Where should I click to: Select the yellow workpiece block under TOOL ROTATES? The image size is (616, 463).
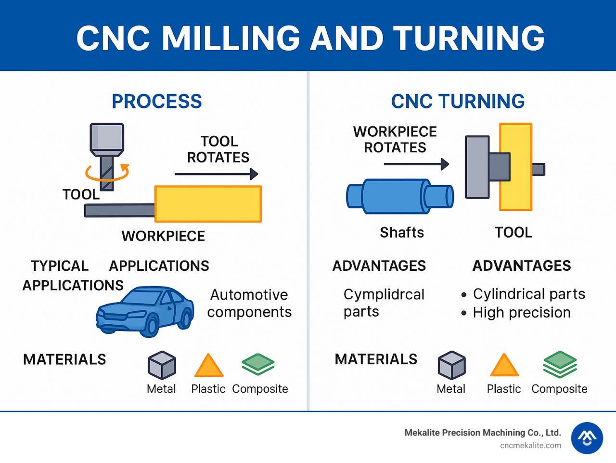tap(208, 204)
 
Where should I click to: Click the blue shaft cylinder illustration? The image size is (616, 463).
tap(399, 194)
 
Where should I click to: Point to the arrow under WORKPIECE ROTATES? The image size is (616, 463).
tap(416, 164)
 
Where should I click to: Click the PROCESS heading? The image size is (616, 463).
tap(157, 101)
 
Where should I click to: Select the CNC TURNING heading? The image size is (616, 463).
tap(458, 101)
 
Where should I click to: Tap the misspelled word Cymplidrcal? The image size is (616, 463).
tap(384, 294)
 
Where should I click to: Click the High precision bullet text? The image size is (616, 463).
tap(522, 313)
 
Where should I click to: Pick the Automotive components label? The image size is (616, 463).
tap(249, 304)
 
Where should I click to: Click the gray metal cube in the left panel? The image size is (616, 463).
tap(162, 365)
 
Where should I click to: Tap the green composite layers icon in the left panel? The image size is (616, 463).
tap(258, 364)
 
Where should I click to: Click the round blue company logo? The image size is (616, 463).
tap(587, 438)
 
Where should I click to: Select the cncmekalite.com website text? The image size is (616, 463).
tap(530, 446)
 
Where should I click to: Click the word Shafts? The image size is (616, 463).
tap(402, 233)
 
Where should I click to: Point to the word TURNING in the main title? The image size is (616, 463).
tap(468, 37)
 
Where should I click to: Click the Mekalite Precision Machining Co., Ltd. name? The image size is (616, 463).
tap(483, 433)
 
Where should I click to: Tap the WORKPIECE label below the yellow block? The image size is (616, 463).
tap(163, 236)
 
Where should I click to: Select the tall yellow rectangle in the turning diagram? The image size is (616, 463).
tap(515, 167)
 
